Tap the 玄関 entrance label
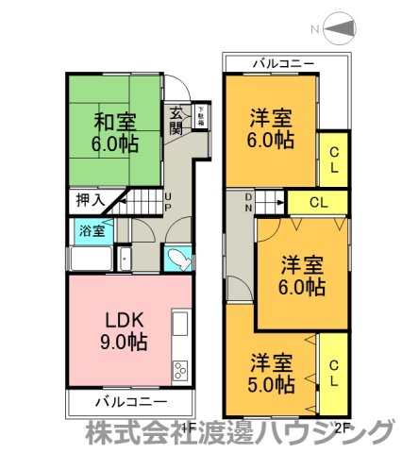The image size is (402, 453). (x=176, y=121)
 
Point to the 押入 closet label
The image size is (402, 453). (x=90, y=201)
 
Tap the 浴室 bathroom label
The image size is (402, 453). (x=91, y=230)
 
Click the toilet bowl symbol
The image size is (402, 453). (x=177, y=259)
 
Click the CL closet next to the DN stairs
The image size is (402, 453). (x=317, y=202)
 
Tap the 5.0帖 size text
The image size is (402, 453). (x=273, y=385)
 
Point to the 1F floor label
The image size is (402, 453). (x=189, y=427)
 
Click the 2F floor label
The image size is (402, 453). (x=344, y=427)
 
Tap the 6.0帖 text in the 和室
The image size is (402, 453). (x=113, y=145)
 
